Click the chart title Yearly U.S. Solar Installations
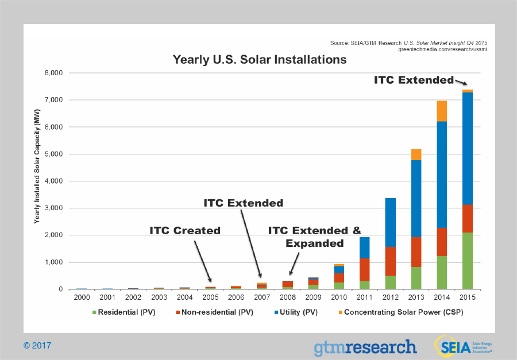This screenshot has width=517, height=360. pyautogui.click(x=260, y=60)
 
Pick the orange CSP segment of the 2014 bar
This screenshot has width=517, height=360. pyautogui.click(x=442, y=111)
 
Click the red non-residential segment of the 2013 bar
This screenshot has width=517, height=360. pyautogui.click(x=416, y=252)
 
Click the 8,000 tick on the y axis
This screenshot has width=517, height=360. pyautogui.click(x=52, y=73)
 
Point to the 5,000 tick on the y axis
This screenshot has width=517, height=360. pyautogui.click(x=52, y=154)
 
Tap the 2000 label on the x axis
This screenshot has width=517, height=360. pyautogui.click(x=82, y=298)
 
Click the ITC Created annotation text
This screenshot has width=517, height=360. pyautogui.click(x=185, y=230)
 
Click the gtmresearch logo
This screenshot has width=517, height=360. pyautogui.click(x=365, y=347)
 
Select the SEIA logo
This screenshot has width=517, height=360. pyautogui.click(x=463, y=347)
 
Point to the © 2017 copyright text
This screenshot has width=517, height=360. pyautogui.click(x=37, y=346)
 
